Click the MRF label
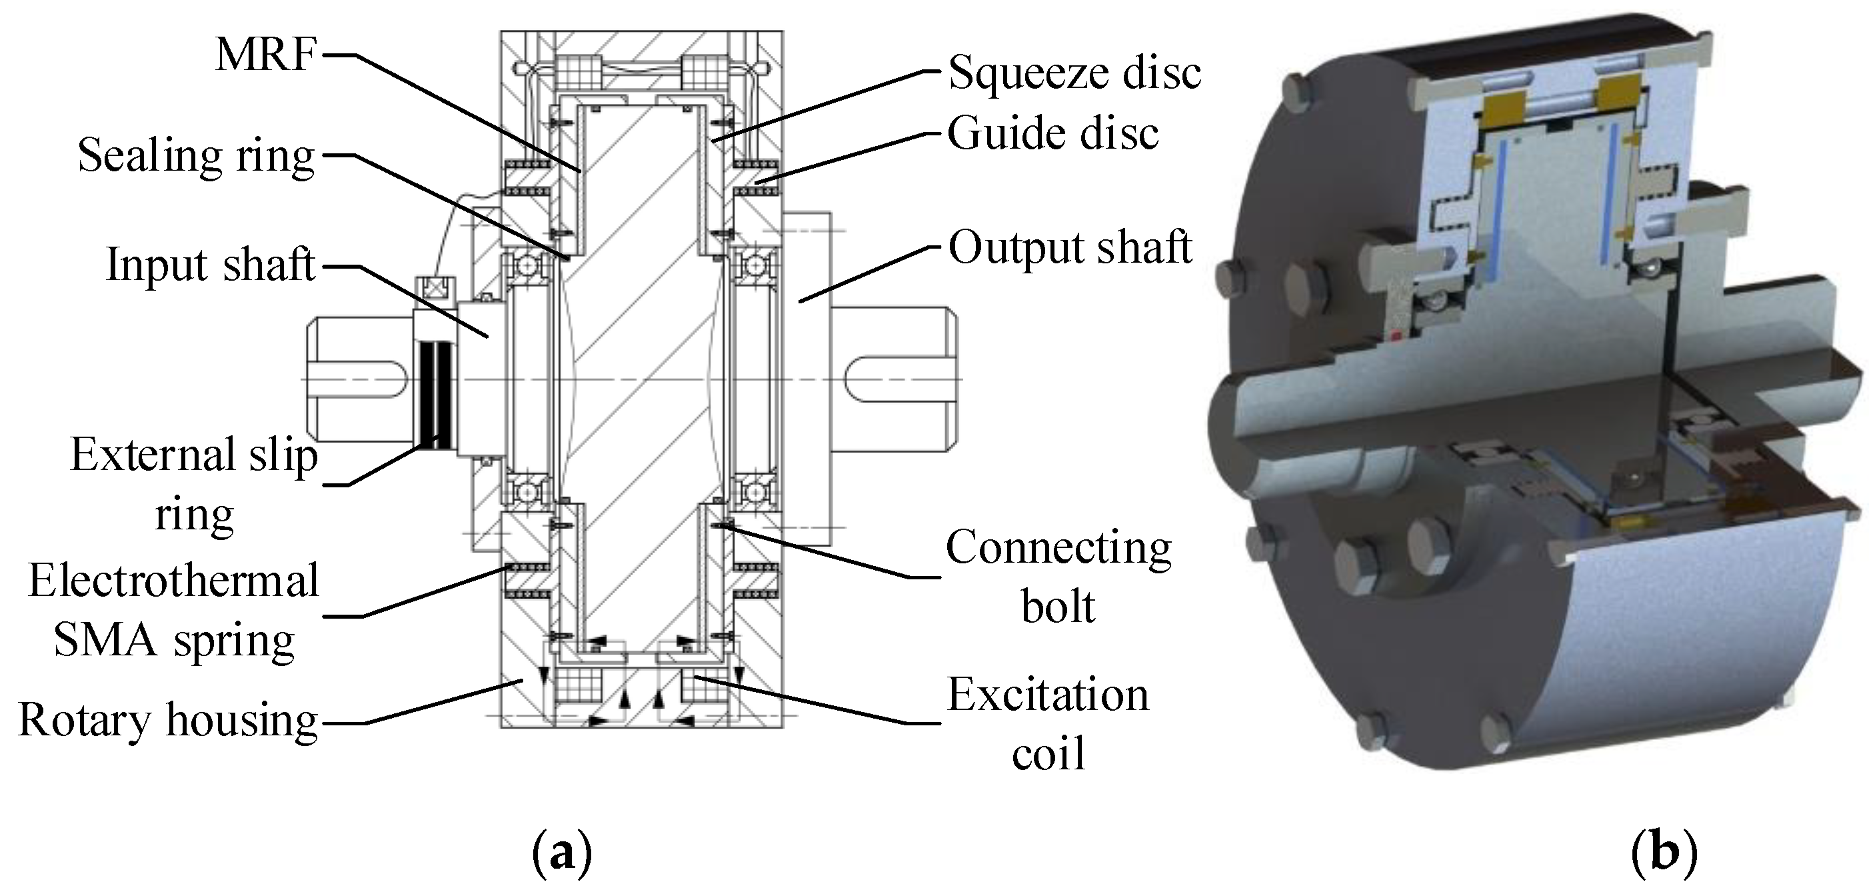coord(266,55)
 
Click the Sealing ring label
coord(196,155)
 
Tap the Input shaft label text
coord(211,264)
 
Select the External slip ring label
coord(194,484)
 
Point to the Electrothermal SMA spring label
coord(174,610)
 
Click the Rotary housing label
coord(169,721)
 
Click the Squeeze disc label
coord(1074,73)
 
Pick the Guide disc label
coord(1052,133)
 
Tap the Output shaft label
coord(1070,247)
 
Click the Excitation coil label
coord(1048,723)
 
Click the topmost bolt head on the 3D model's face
coord(1296,93)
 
